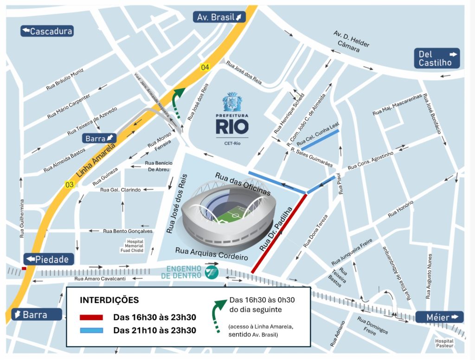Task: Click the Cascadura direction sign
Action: (x=47, y=31)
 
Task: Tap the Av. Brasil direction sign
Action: (x=219, y=17)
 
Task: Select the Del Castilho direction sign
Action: (x=437, y=58)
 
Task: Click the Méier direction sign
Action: (x=439, y=317)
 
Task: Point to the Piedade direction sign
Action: (x=49, y=259)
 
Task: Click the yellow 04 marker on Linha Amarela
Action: (x=205, y=67)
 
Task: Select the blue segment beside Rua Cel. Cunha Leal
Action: (x=320, y=139)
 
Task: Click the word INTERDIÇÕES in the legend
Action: (x=109, y=300)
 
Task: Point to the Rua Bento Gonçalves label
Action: (x=128, y=231)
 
